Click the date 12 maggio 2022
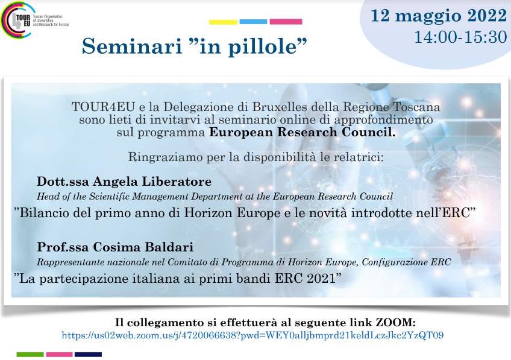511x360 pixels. coord(439,16)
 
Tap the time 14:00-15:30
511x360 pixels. coord(460,37)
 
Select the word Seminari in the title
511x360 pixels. coord(131,46)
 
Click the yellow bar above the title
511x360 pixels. coord(223,22)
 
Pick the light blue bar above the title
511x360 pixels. coord(253,22)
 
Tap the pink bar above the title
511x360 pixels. coord(286,22)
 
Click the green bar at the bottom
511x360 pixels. coord(30,355)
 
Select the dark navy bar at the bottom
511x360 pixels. coord(88,355)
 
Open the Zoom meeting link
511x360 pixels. coord(252,335)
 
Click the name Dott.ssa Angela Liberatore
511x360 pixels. coord(124,182)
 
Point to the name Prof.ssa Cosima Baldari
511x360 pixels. coord(115,247)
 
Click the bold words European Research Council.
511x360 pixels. coord(302,132)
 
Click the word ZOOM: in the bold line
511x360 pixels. coord(396,323)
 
